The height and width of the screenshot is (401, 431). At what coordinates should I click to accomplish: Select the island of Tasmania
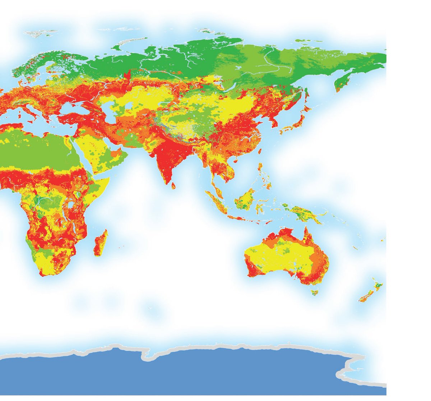tap(315, 291)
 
